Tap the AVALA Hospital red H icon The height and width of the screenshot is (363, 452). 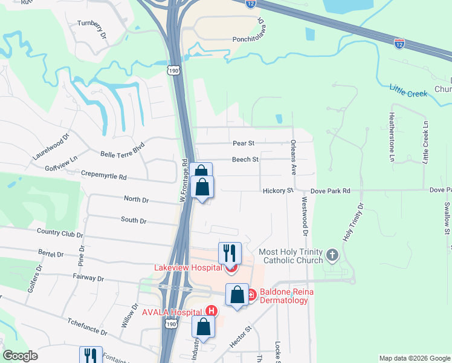[211, 311]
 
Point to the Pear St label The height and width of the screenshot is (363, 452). [244, 143]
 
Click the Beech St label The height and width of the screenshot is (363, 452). [245, 160]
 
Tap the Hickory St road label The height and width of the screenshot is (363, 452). [277, 191]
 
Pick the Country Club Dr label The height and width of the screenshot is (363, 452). [59, 232]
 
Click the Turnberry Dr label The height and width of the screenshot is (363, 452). [92, 30]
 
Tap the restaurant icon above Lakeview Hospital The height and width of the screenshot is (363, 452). [230, 252]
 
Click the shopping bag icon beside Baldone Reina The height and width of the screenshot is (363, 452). [237, 295]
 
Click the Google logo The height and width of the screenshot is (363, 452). [20, 356]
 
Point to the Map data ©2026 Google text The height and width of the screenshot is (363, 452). [414, 358]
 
